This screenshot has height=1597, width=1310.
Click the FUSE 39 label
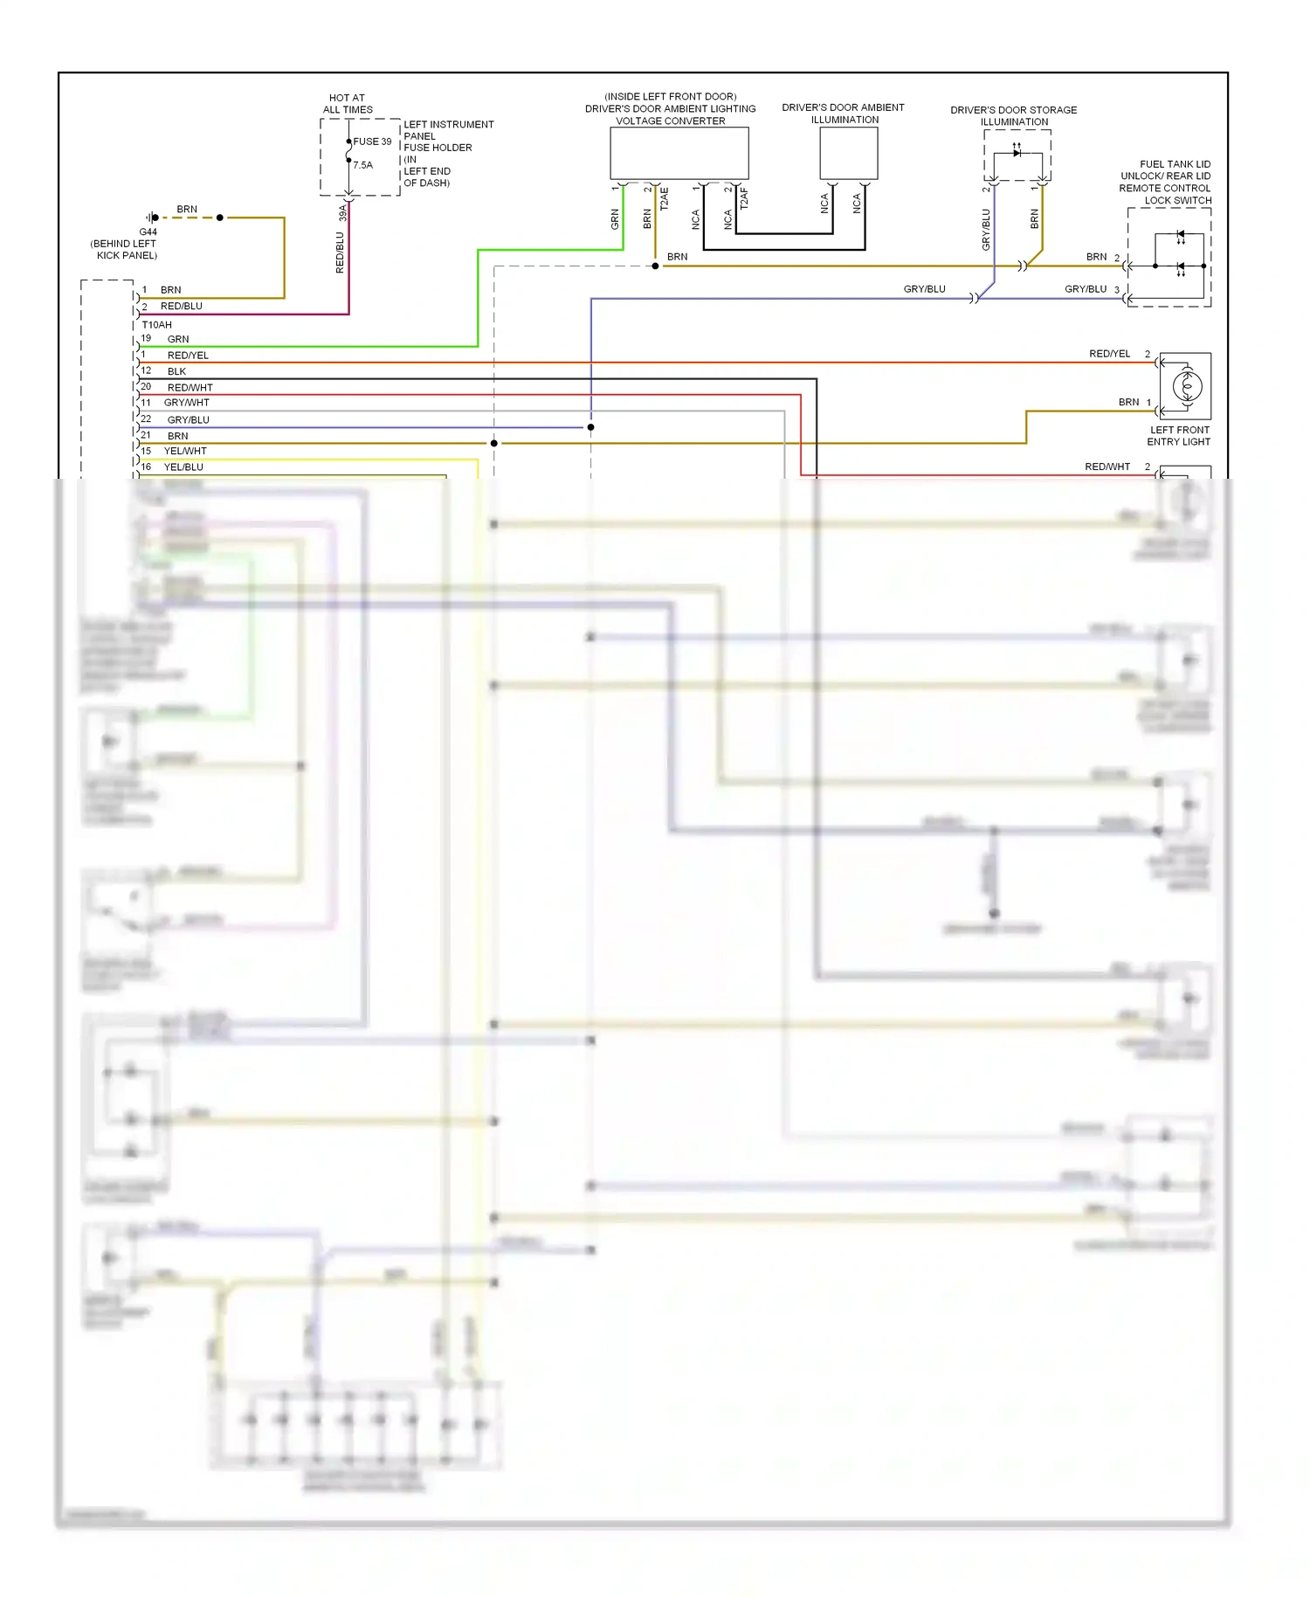click(x=372, y=142)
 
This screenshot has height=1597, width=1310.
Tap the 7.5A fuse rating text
click(x=362, y=165)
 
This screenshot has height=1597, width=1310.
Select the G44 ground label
click(x=148, y=232)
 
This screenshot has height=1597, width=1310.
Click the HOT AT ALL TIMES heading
click(x=348, y=104)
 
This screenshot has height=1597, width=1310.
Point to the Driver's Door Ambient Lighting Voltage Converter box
click(x=679, y=154)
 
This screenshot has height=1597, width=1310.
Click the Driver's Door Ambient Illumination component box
click(x=848, y=154)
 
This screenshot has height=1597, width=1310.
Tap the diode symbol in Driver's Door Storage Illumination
click(x=1017, y=153)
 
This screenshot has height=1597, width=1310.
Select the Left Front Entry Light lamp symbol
click(x=1186, y=386)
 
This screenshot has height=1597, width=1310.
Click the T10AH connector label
click(x=157, y=325)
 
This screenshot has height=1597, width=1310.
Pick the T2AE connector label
click(x=664, y=199)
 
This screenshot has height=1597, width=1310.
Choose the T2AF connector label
click(x=744, y=199)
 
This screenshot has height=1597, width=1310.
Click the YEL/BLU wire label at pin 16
click(x=183, y=467)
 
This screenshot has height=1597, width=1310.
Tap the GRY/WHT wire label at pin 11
click(x=186, y=403)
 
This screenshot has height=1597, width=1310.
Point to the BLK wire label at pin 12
click(x=176, y=371)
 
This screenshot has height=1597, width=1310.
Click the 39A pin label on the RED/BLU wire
click(x=343, y=212)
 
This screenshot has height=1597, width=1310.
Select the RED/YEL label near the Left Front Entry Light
click(x=1109, y=354)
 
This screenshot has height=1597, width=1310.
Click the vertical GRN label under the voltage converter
click(x=615, y=219)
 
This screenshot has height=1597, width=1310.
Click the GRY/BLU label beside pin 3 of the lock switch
click(x=1085, y=289)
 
